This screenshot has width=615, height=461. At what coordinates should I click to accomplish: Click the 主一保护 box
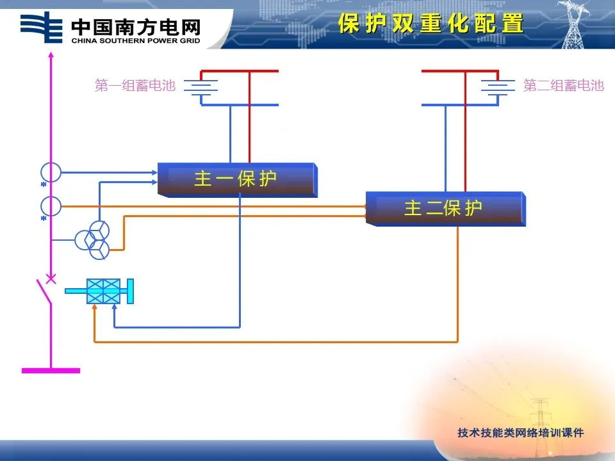tap(237, 179)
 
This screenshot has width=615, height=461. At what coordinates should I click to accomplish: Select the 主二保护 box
tap(445, 208)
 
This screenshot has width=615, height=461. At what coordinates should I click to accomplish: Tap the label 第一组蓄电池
tap(135, 85)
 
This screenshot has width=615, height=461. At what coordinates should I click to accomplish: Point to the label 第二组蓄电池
tap(563, 85)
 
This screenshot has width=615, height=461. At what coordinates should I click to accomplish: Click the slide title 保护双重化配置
tap(430, 24)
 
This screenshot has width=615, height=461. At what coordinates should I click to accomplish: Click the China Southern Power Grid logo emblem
tap(42, 27)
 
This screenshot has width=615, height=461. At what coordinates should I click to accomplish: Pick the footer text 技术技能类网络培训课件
tap(521, 433)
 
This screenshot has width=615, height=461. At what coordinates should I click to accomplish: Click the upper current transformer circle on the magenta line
tap(51, 172)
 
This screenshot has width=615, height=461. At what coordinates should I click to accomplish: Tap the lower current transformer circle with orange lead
tap(51, 206)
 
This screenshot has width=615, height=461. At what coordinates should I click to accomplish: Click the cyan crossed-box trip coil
tap(104, 291)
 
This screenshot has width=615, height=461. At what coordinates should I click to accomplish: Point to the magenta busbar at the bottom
tap(51, 370)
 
